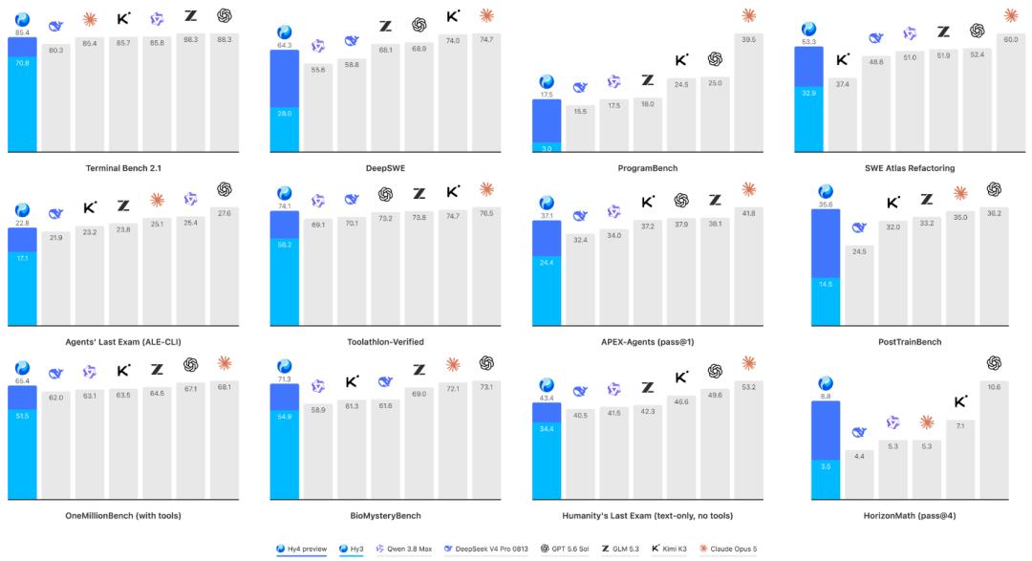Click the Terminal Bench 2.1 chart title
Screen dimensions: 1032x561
(x=123, y=168)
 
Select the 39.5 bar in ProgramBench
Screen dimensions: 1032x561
(x=748, y=93)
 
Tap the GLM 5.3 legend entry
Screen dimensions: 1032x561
(x=621, y=549)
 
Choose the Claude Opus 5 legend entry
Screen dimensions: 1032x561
(x=728, y=549)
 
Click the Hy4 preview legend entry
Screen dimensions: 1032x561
(x=301, y=549)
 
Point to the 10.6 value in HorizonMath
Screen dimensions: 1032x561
(x=994, y=387)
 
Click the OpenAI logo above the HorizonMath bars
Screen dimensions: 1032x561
(x=994, y=363)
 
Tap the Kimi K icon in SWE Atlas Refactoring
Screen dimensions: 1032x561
(x=843, y=60)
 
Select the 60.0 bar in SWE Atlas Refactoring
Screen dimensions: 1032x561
(x=1010, y=93)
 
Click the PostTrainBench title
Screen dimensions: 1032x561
(x=910, y=342)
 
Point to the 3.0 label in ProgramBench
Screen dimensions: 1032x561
(x=547, y=149)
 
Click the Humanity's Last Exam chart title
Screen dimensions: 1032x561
(x=648, y=515)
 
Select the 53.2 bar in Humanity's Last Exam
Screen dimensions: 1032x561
(x=748, y=441)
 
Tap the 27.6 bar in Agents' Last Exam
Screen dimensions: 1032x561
(x=225, y=267)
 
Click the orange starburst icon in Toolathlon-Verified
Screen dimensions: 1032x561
(x=486, y=189)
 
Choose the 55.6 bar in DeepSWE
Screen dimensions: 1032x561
(x=318, y=108)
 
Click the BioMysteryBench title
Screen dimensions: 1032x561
(x=386, y=515)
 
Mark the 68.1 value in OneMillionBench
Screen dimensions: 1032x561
(x=225, y=387)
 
